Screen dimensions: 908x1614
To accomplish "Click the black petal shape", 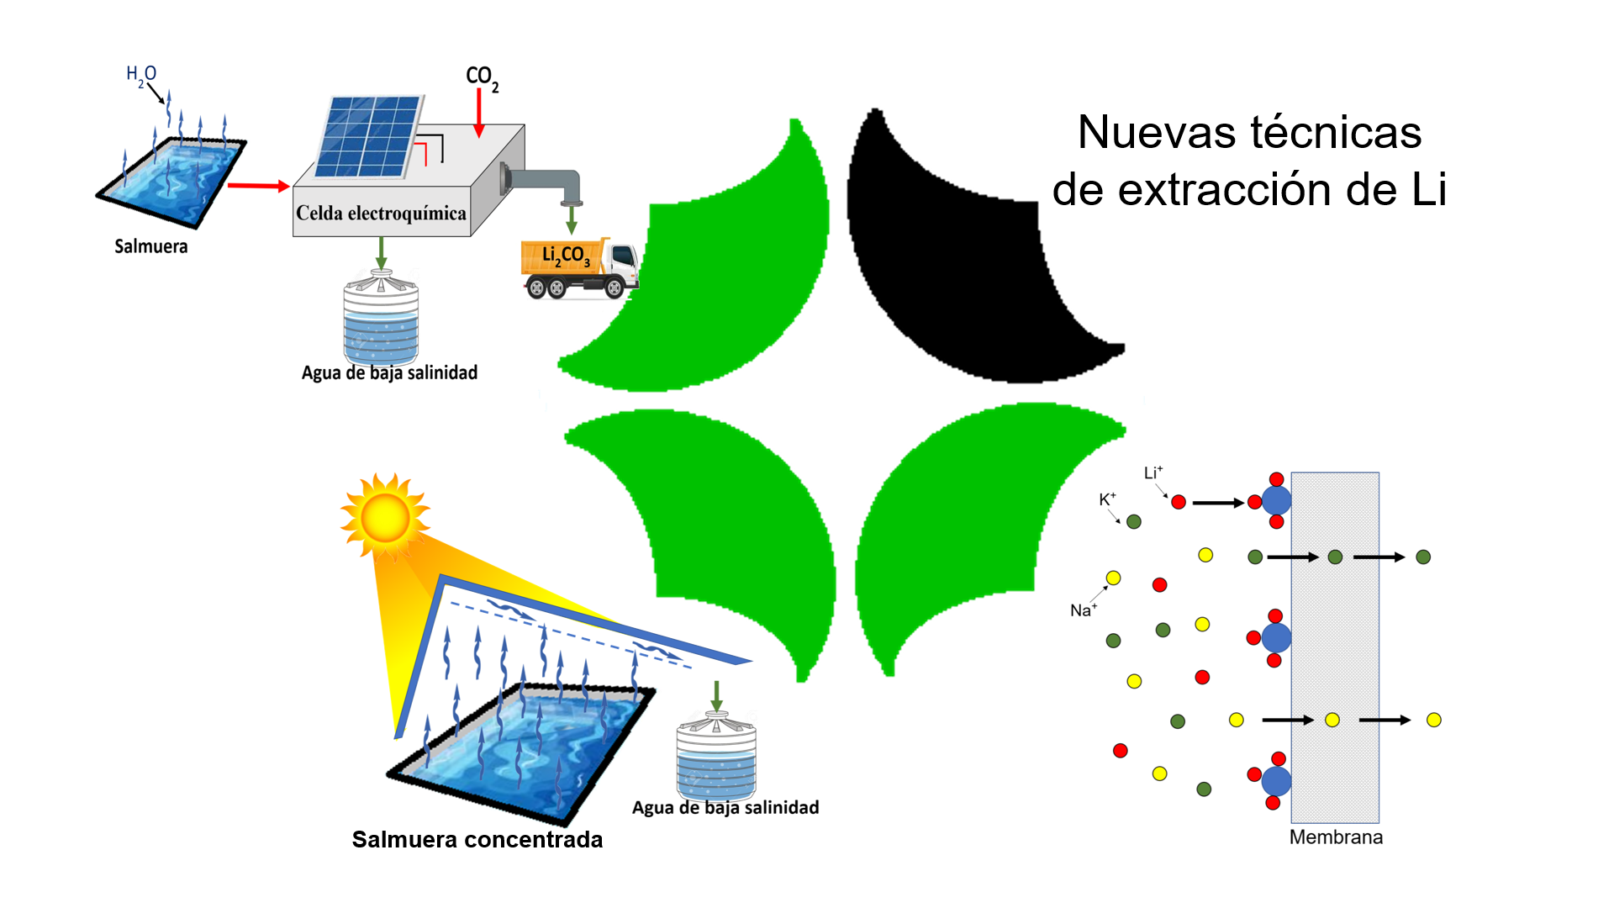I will (x=967, y=269).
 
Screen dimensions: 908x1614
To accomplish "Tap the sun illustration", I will (x=385, y=516).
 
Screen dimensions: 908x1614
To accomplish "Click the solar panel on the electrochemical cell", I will (x=368, y=136).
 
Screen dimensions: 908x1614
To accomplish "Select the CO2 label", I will (x=482, y=78).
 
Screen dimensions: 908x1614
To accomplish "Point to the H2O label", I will (x=141, y=75).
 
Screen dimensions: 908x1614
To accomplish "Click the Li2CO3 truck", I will (x=578, y=268).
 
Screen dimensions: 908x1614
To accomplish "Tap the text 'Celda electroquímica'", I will (x=381, y=214).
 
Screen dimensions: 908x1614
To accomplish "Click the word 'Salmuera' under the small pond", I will (x=151, y=246).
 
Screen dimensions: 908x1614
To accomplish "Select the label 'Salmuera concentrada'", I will (x=477, y=839).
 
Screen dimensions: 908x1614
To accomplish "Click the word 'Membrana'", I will (x=1336, y=837).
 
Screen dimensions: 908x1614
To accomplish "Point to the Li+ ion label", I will (x=1152, y=473).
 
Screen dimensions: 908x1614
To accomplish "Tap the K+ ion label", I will (x=1107, y=499).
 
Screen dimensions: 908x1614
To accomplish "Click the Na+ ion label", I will (x=1083, y=610).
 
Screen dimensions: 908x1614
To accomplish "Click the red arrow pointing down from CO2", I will (x=479, y=113).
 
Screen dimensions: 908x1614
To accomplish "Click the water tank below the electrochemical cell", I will (x=381, y=319).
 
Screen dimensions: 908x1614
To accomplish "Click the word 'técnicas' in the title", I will (x=1336, y=133).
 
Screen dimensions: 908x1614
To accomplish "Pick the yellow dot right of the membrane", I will (x=1434, y=720).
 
